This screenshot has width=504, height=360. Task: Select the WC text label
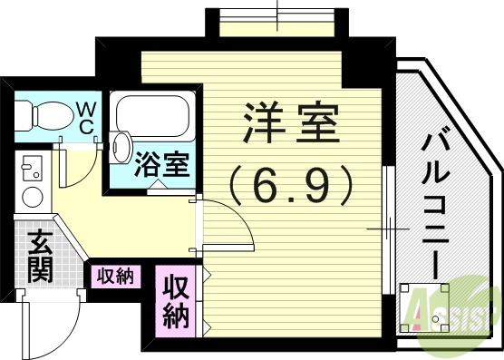(84, 118)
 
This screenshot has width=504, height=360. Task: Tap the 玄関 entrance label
(38, 257)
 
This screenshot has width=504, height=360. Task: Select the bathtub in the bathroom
(151, 115)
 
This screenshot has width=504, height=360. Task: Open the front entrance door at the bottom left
(54, 322)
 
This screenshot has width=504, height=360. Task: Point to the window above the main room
(276, 20)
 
